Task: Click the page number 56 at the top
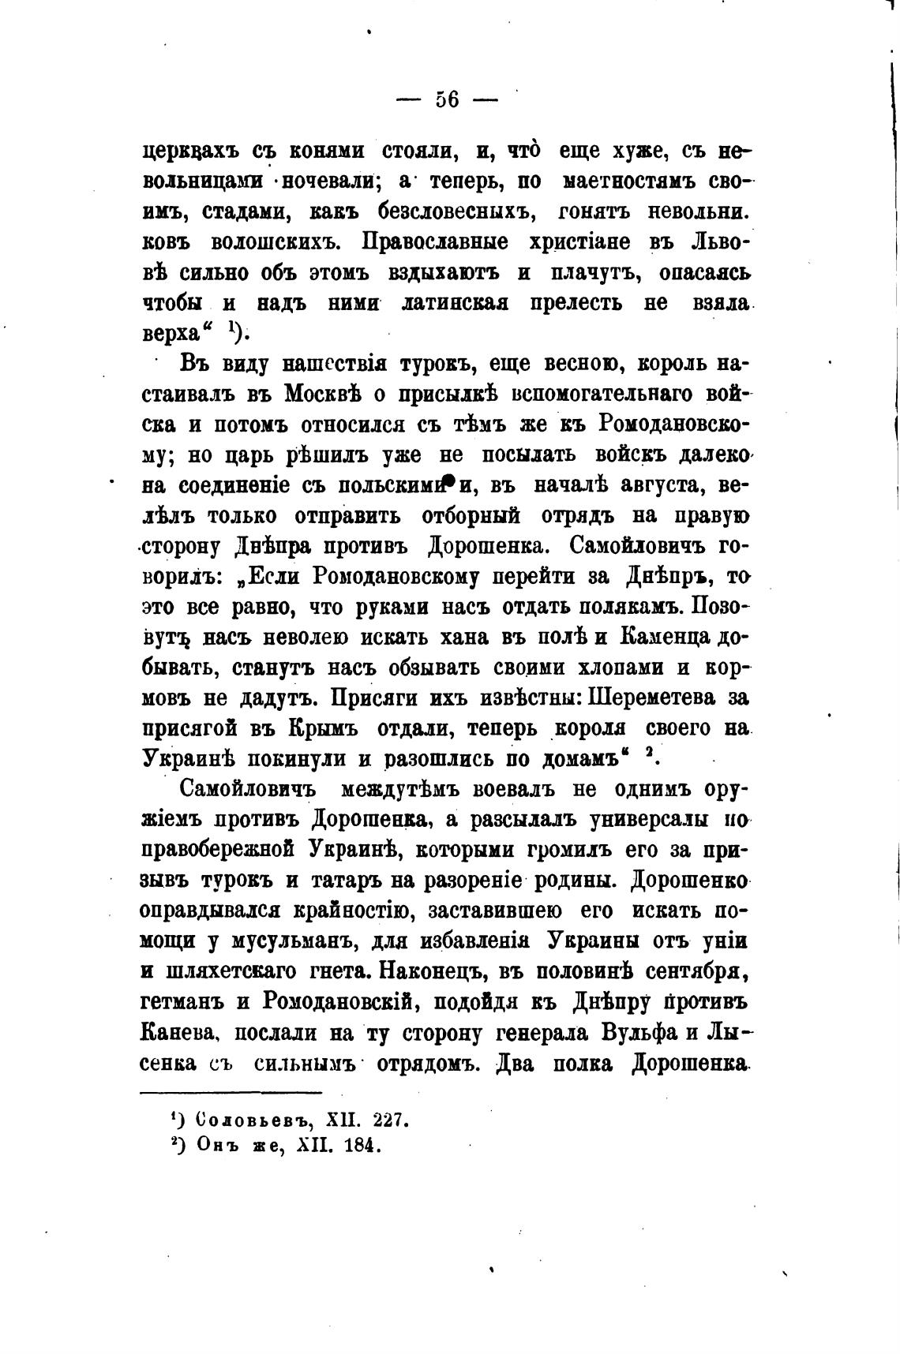coord(447,101)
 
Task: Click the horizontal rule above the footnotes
coord(231,1092)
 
